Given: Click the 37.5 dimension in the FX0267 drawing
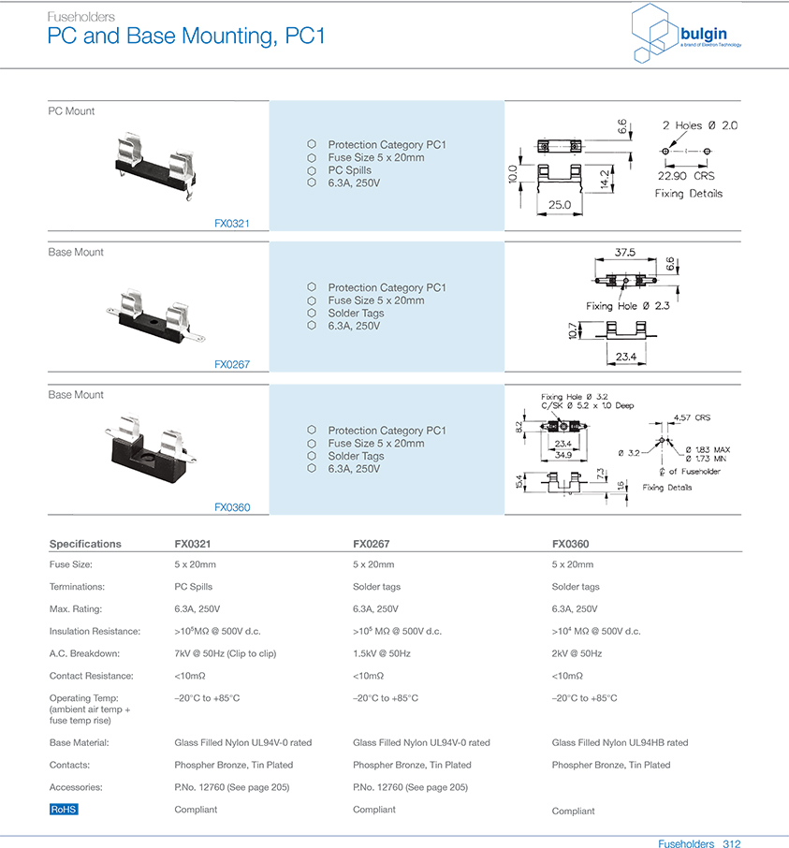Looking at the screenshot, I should click(624, 253).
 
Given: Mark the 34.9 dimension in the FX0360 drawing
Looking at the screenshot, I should click(563, 454).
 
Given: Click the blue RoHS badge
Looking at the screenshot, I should click(64, 810).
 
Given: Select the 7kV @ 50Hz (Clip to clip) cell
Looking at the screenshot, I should click(225, 653).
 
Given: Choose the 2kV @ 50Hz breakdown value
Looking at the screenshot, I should click(577, 653).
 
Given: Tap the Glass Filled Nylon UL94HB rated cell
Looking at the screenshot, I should click(620, 742).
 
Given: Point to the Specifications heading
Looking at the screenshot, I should click(85, 544).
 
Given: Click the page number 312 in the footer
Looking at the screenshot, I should click(731, 843).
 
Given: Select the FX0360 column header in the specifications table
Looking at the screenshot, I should click(570, 544).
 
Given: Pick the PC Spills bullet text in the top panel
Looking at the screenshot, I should click(349, 170).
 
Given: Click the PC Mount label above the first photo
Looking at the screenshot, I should click(71, 111).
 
